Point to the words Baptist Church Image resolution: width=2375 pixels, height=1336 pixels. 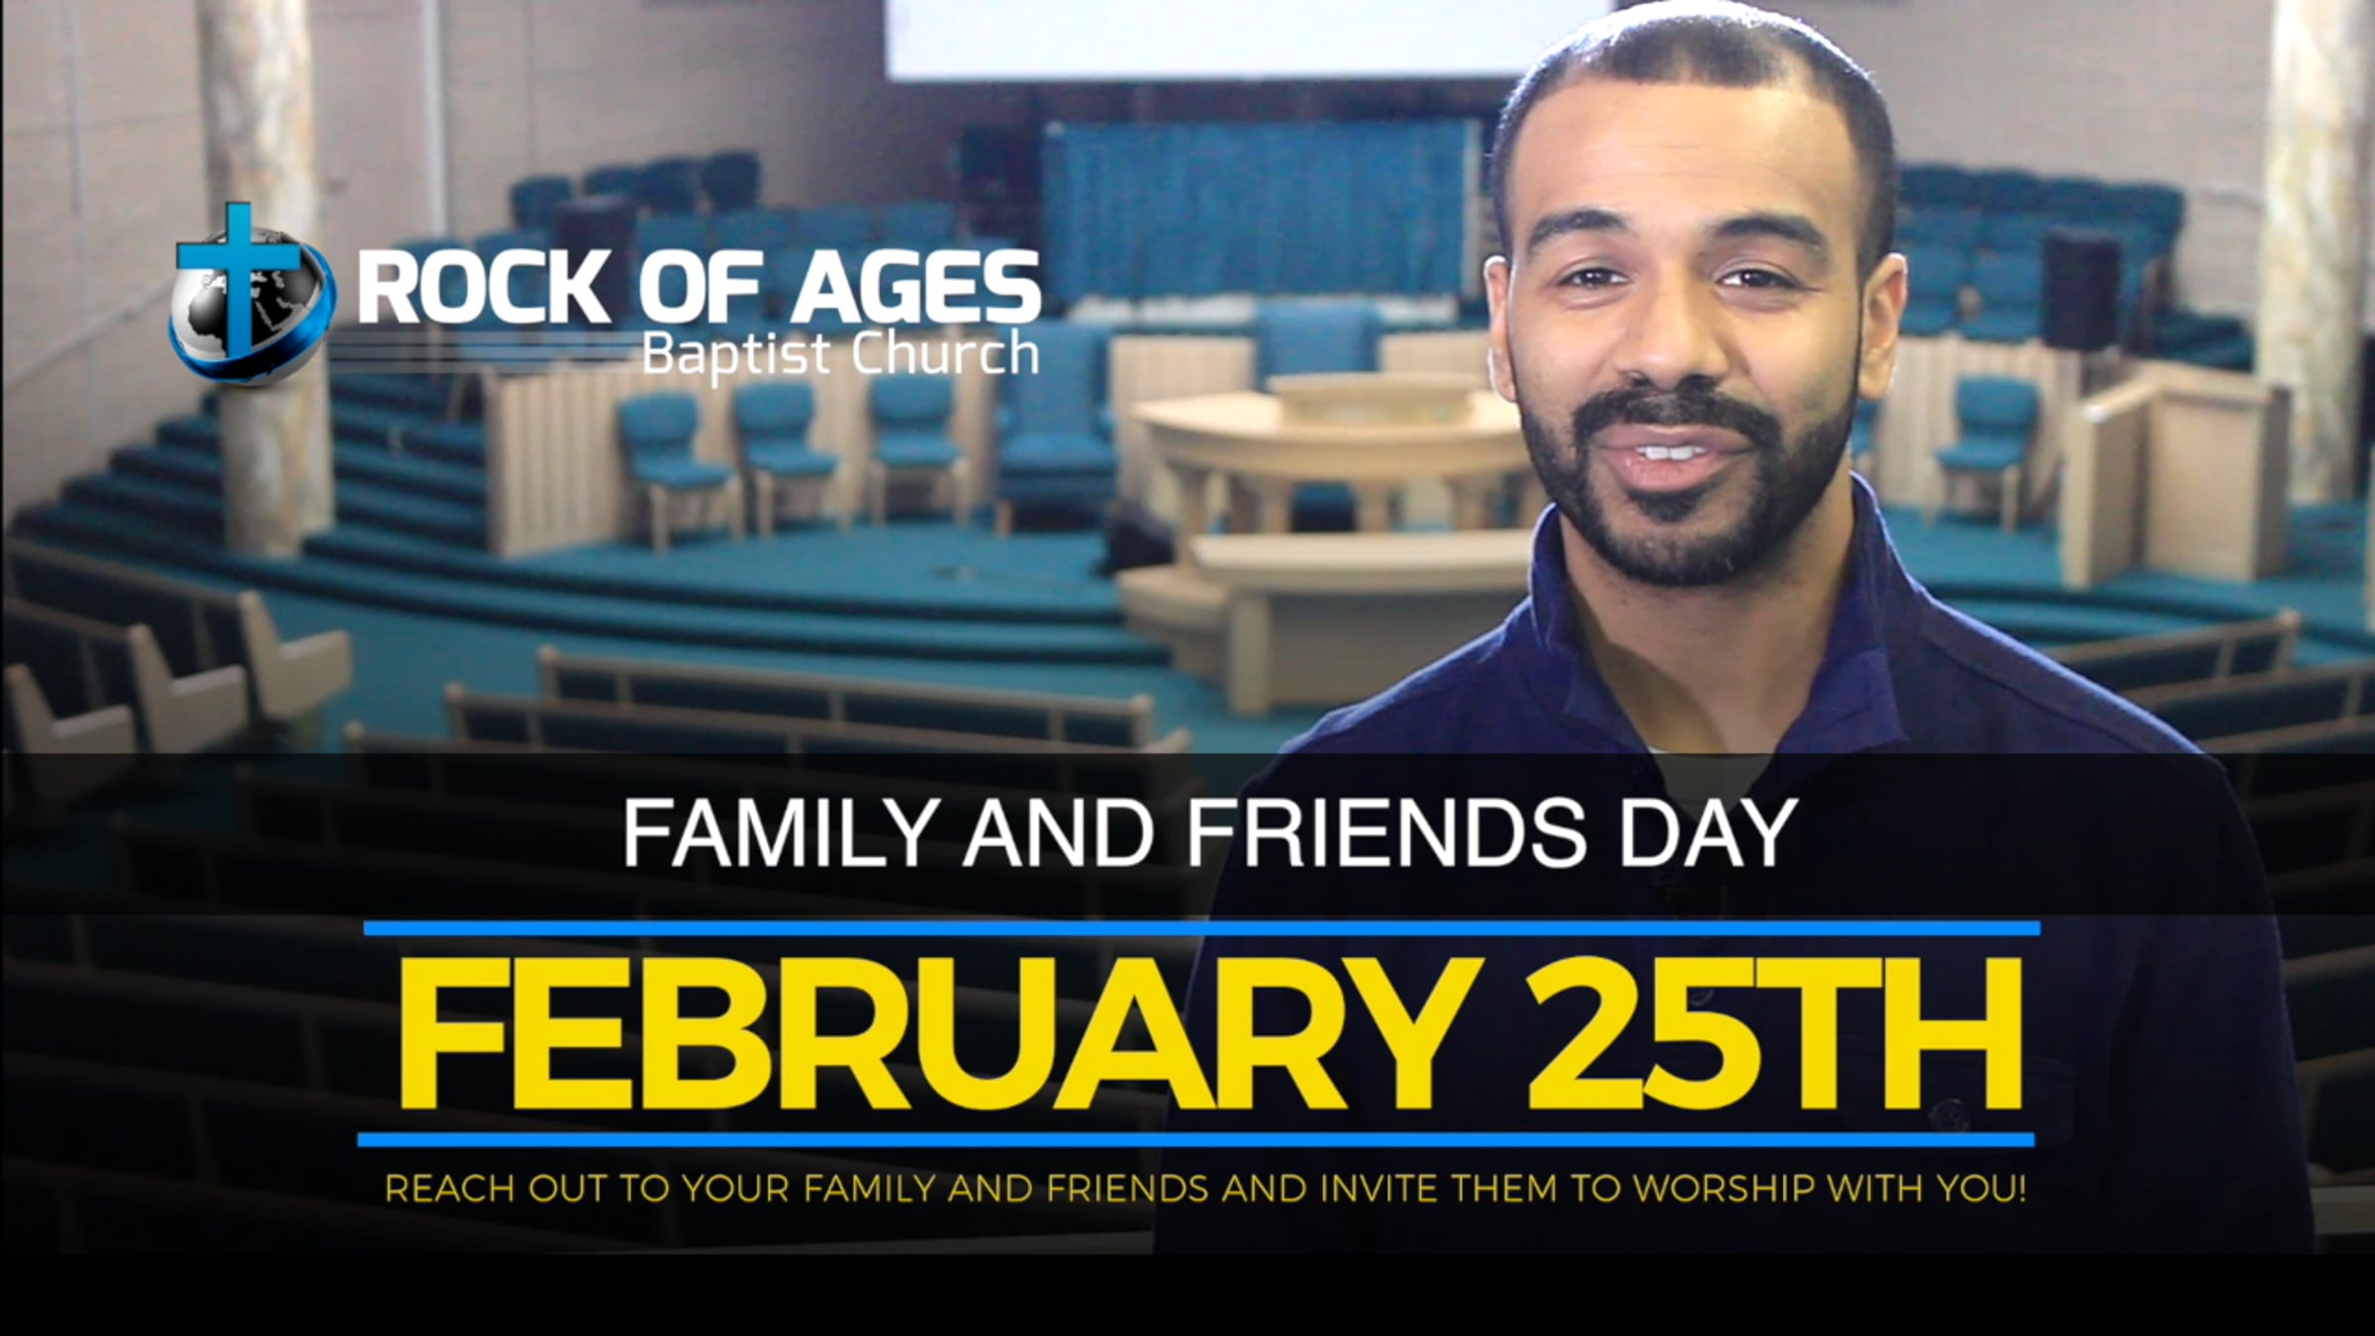(x=839, y=353)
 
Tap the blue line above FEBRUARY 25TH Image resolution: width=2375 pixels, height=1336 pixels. (x=1202, y=928)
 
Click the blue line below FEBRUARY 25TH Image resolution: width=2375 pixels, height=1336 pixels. (x=1195, y=1140)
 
